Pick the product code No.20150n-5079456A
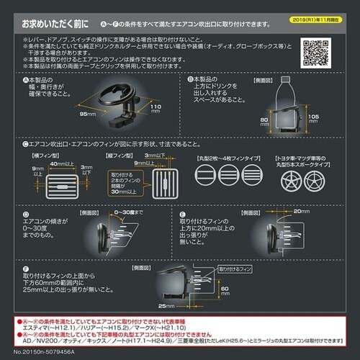click(37, 354)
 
